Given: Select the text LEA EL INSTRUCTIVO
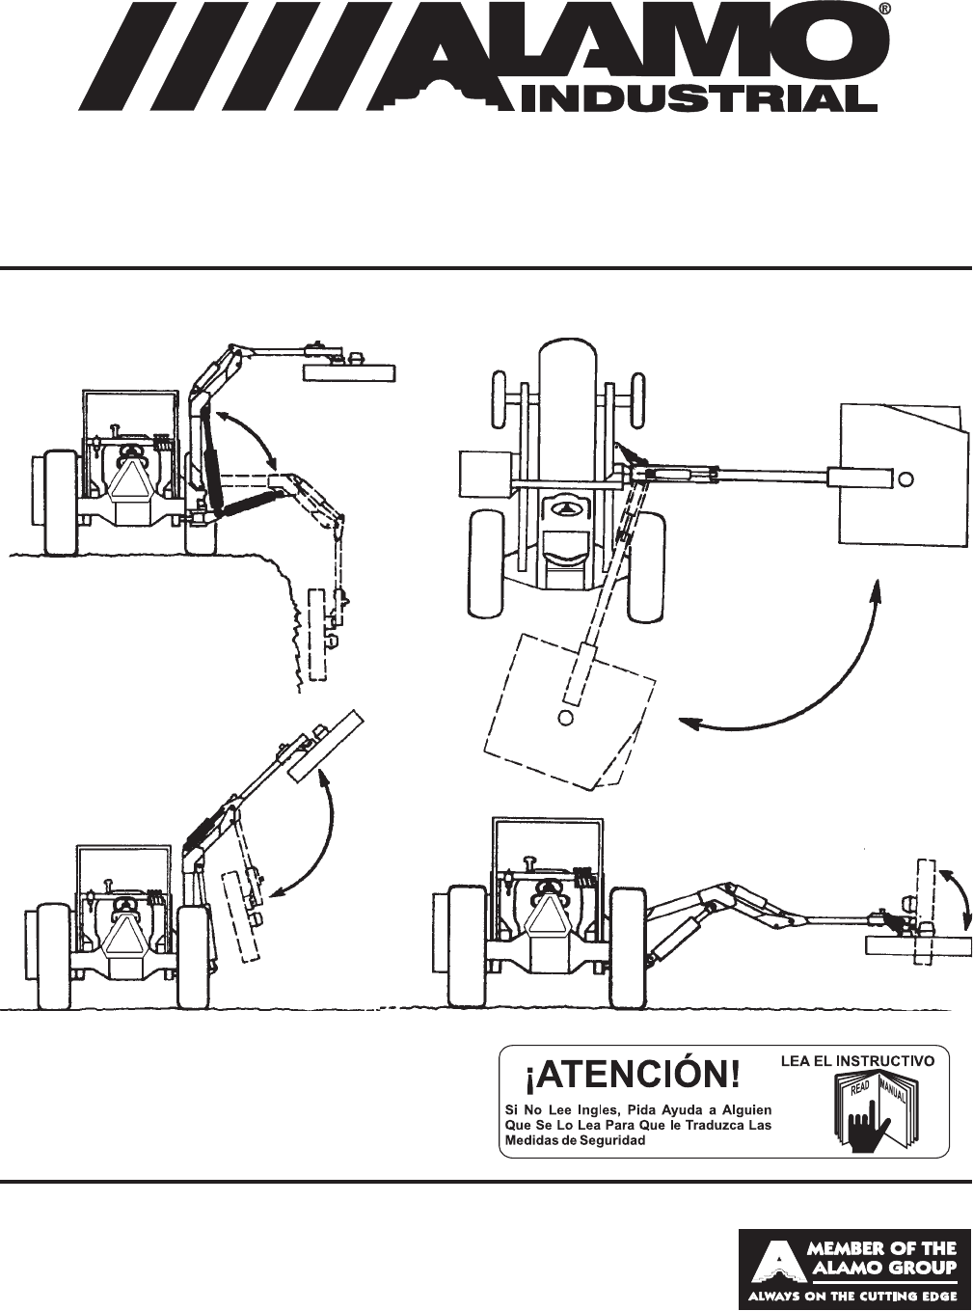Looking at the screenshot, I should [x=857, y=1060].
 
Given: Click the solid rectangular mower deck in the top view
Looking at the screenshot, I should [x=903, y=473].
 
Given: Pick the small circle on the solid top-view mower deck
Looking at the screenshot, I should [x=906, y=477].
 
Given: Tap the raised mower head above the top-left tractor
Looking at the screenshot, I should [x=349, y=370].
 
